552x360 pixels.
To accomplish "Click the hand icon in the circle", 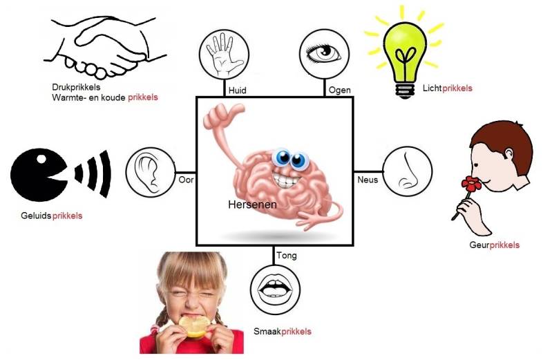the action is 223,54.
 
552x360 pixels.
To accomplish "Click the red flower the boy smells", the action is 472,184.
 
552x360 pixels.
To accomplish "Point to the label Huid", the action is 237,90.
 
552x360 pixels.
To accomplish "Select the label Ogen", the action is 340,90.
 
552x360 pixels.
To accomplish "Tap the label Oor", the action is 186,179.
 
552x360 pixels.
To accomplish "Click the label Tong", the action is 286,256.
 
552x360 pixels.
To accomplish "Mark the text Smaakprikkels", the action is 283,332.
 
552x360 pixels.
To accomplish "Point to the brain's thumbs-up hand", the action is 216,124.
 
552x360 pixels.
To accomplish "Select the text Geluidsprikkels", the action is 52,216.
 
